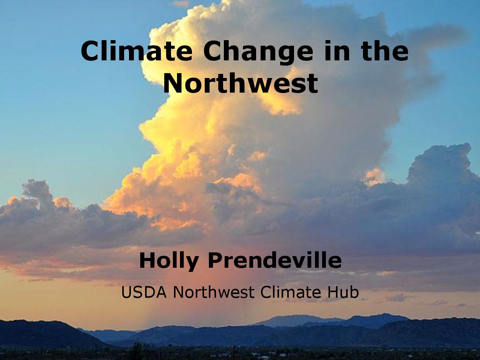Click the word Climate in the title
[136, 51]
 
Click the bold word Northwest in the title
[240, 83]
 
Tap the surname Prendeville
[275, 260]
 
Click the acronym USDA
[144, 292]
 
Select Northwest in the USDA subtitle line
[213, 292]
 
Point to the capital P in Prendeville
[216, 261]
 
